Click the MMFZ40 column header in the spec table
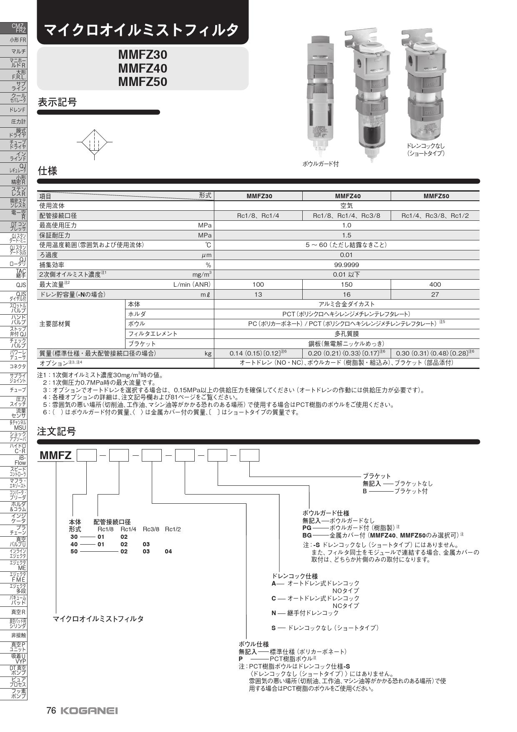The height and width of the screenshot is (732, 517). coord(346,196)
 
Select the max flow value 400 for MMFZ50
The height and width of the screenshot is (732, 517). coord(435,284)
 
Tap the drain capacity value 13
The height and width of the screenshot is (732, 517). coord(258,294)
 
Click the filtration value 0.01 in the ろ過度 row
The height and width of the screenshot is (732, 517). coord(346,255)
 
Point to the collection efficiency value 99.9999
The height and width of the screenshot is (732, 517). coord(346,265)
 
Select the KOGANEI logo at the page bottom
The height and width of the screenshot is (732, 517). coord(89,711)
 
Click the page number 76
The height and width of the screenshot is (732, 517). coord(51,710)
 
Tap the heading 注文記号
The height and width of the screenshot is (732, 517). coord(57,431)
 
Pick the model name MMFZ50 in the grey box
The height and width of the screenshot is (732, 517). coord(143,81)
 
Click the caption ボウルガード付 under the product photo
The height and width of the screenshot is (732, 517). coord(320,164)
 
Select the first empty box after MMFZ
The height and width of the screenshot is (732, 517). coord(87,455)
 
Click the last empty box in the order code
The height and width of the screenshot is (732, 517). coord(249,455)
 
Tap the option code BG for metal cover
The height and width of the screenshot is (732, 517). coord(307,535)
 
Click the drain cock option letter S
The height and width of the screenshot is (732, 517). coord(274,628)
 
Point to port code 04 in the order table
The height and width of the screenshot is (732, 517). coord(168,551)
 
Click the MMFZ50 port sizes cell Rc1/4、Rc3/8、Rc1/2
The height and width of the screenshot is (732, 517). coord(435,215)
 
